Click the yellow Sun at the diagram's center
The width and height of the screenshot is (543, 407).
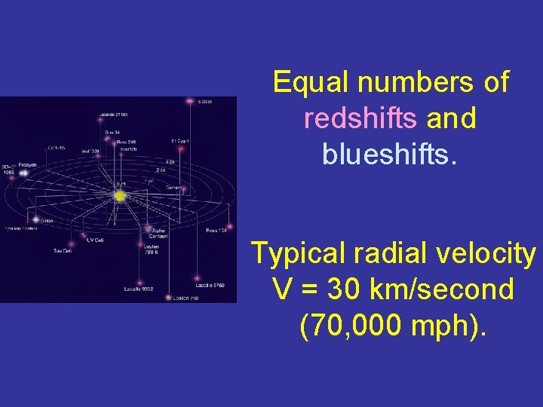(x=119, y=196)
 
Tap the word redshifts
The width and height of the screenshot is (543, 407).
(x=360, y=118)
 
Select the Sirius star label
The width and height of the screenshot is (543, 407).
(x=47, y=220)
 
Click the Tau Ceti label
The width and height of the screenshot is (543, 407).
(x=62, y=250)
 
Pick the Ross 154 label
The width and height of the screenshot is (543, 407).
(x=216, y=231)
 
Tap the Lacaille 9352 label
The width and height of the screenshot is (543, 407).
(x=140, y=289)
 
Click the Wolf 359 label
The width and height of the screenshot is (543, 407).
(x=90, y=151)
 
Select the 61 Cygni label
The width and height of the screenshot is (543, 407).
(x=179, y=141)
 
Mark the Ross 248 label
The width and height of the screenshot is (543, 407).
(x=127, y=142)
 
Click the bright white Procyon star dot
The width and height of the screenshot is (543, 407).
(x=23, y=173)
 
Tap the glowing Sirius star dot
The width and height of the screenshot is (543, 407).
(x=35, y=219)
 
